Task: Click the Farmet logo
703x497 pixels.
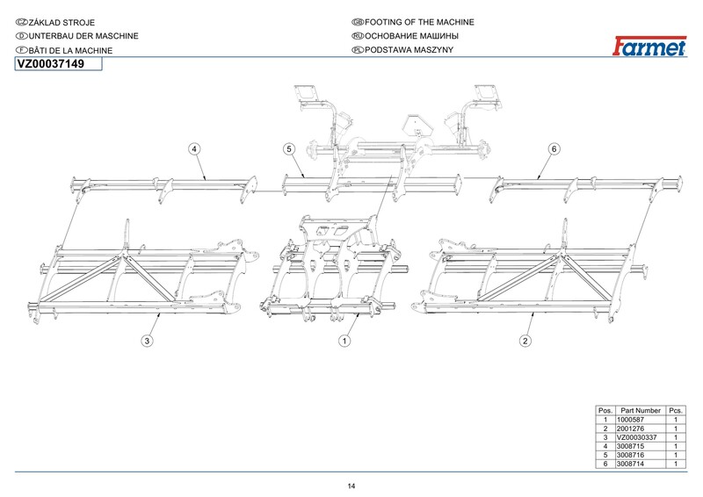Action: [x=649, y=47]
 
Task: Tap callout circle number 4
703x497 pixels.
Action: [x=193, y=149]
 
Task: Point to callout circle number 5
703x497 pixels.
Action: [x=289, y=149]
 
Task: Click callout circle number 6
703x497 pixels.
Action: [x=554, y=149]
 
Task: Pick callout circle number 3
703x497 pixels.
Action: [x=148, y=340]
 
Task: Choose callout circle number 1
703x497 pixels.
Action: [x=345, y=340]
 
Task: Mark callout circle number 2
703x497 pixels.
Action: [x=525, y=340]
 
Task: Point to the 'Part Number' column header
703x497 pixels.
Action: [x=641, y=411]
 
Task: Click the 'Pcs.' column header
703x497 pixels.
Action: [x=676, y=411]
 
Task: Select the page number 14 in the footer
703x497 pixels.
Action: [x=351, y=486]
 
